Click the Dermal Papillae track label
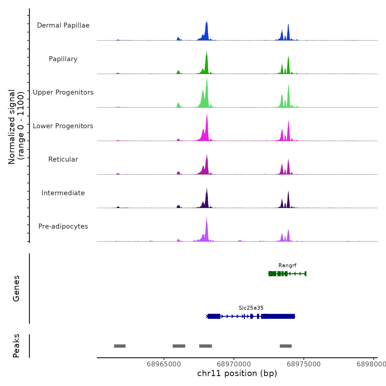click(63, 25)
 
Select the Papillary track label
click(63, 59)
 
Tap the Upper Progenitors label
click(63, 92)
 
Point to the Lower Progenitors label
click(63, 126)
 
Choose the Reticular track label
click(63, 159)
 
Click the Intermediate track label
click(63, 193)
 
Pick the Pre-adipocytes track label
click(63, 226)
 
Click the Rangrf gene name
click(287, 266)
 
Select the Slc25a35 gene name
click(251, 308)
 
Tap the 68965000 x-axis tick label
click(164, 364)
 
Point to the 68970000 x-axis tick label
click(234, 364)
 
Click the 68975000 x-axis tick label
click(304, 364)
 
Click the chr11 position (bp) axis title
click(237, 373)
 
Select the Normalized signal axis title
click(16, 127)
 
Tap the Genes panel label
click(16, 288)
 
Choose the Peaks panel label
click(16, 346)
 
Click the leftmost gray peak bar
click(120, 346)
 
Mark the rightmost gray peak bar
click(286, 346)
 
